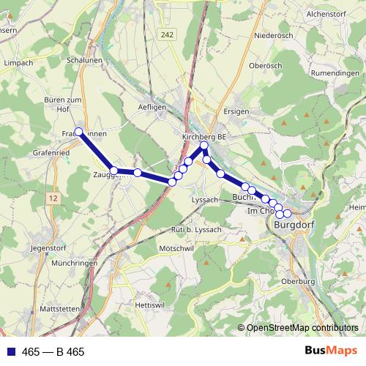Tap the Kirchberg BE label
[205, 136]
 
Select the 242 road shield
[168, 34]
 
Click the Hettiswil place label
[149, 304]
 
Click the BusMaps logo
[331, 351]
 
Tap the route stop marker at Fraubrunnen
[79, 132]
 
